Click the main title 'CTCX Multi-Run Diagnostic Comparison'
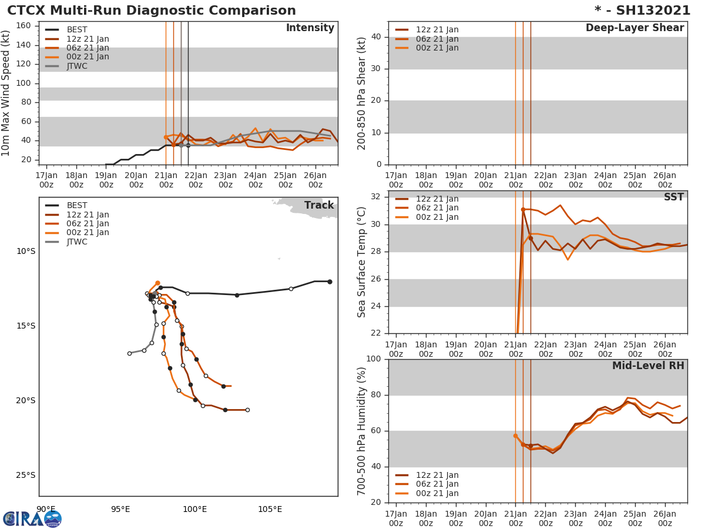tap(152, 11)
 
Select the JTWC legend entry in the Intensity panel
tap(77, 66)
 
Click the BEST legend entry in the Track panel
tap(77, 205)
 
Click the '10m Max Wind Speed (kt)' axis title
tap(6, 93)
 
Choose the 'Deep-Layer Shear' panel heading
tap(634, 28)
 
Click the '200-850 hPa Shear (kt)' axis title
tap(362, 93)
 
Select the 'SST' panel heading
tap(673, 197)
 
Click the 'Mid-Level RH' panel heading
tap(648, 366)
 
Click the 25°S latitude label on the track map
tap(25, 475)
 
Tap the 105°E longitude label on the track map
tap(270, 509)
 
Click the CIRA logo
tap(32, 518)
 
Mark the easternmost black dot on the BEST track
tap(330, 282)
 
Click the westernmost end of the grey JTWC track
tap(129, 353)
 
